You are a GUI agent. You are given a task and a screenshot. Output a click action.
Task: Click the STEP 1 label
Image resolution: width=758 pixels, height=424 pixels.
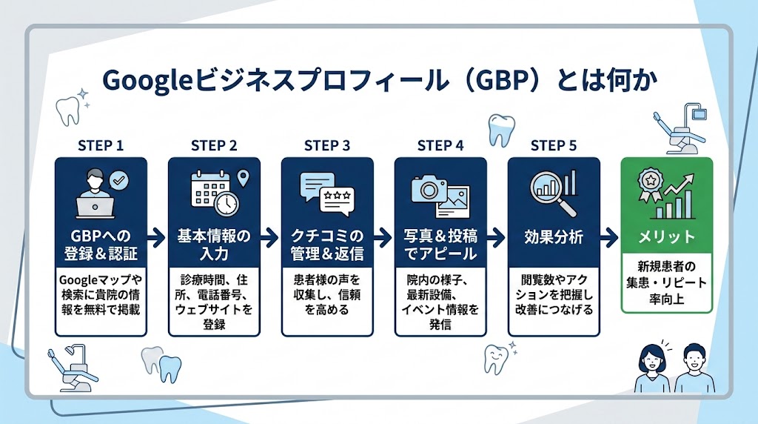101,146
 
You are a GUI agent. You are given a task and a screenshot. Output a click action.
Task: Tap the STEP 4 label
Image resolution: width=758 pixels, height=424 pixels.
440,146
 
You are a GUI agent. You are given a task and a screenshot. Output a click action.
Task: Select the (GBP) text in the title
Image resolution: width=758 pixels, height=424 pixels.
505,81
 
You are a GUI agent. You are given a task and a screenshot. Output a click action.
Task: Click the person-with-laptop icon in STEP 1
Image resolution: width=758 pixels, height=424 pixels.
95,193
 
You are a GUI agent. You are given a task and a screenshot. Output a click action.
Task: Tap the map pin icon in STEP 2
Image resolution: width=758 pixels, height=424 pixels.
243,178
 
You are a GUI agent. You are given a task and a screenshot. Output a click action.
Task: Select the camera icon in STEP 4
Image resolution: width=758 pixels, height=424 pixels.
429,189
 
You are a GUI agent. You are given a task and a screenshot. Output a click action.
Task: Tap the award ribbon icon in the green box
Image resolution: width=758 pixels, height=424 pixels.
650,185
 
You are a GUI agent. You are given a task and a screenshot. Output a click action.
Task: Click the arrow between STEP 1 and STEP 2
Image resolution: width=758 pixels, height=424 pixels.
156,237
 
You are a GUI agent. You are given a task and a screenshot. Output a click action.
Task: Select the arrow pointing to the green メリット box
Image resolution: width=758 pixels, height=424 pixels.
609,237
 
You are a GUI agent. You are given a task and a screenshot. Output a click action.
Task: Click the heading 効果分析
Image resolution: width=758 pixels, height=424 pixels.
554,236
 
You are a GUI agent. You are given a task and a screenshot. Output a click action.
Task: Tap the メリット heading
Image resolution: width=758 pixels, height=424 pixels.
667,236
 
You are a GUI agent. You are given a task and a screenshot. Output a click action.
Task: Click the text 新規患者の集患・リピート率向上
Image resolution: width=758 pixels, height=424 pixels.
667,282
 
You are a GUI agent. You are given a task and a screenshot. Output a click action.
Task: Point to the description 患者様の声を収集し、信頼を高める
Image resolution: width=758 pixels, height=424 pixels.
327,295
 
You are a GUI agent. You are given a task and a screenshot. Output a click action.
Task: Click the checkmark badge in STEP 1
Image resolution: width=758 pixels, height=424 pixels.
119,181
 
